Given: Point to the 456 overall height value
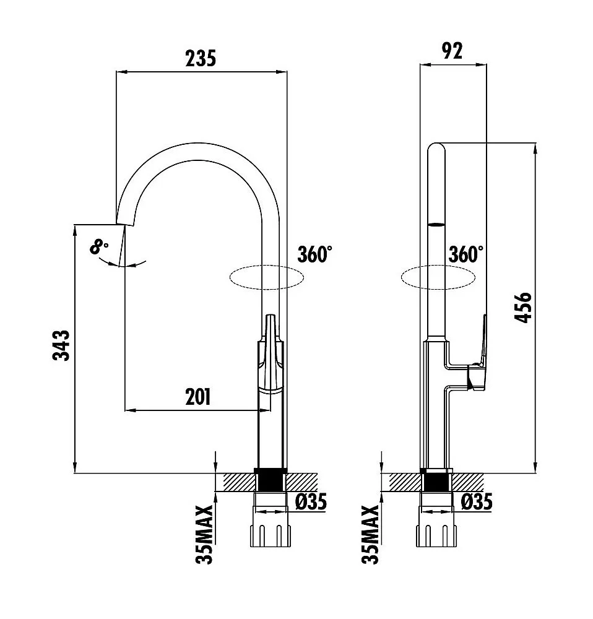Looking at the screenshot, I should tap(524, 306).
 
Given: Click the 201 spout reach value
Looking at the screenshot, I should tap(198, 397).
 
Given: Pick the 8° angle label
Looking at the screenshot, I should tap(99, 248).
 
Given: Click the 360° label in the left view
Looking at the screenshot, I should tap(314, 254).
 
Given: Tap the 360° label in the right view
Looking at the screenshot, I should tap(466, 254).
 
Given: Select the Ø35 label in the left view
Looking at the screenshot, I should tap(311, 501).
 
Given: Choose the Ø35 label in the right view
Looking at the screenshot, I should tap(477, 501).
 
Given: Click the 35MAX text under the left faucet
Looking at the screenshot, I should tap(204, 534).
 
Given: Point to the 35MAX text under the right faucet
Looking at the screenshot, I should tap(370, 534).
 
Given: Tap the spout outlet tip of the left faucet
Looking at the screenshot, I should tap(126, 223).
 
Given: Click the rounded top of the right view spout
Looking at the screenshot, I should tap(436, 149).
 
